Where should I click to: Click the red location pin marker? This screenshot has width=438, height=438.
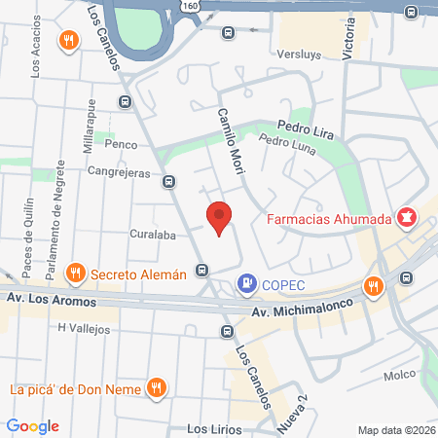coord(220,220)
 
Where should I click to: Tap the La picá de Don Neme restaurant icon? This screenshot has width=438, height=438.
coord(156,389)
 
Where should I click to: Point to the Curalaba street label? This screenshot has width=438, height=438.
coord(151,234)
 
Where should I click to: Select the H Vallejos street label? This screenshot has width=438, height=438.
coord(83,329)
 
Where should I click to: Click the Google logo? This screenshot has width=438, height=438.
coord(33,425)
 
